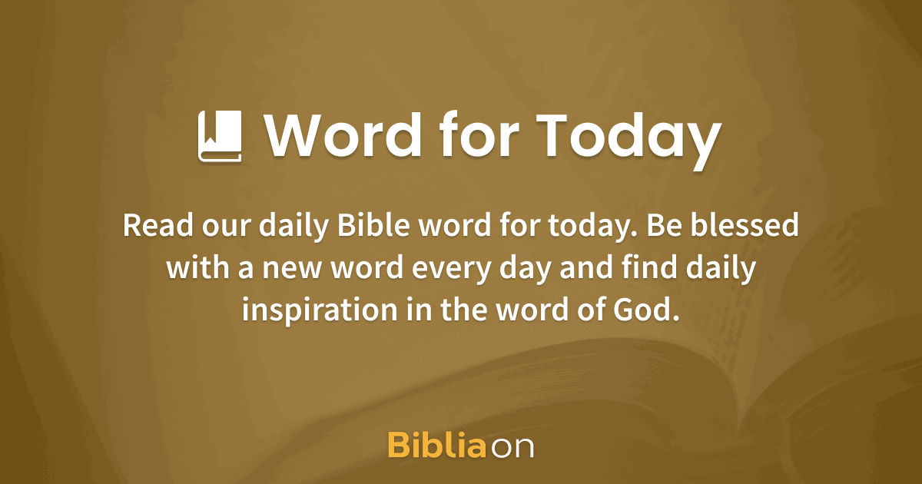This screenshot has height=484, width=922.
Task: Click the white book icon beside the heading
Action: point(221,136)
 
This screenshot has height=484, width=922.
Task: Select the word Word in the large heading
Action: point(344,136)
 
